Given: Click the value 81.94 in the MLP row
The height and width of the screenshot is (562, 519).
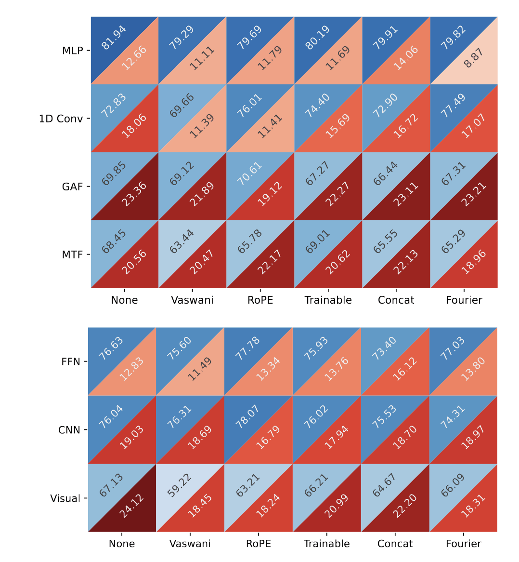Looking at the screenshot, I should click(x=114, y=38).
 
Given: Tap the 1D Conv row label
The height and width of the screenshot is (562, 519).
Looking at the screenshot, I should click(x=61, y=119).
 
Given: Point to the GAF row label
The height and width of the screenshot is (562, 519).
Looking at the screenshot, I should click(x=73, y=187).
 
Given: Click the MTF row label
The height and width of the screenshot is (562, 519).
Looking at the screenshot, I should click(x=73, y=254).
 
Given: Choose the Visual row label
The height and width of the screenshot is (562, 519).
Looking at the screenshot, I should click(x=65, y=498).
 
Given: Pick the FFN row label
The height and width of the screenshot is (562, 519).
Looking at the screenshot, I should click(x=71, y=361).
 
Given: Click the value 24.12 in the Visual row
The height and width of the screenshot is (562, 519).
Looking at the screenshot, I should click(x=132, y=506).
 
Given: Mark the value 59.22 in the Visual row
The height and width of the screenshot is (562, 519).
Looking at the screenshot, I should click(x=180, y=484).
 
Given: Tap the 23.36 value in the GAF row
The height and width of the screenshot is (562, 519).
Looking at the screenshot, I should click(x=134, y=194).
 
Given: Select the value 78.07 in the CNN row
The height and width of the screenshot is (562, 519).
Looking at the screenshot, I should click(x=248, y=416).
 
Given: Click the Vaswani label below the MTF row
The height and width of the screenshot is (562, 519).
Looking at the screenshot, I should click(x=192, y=300).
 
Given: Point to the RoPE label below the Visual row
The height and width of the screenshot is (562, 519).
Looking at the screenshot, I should click(x=259, y=544).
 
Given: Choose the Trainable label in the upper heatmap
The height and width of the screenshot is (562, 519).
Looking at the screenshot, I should click(x=328, y=300).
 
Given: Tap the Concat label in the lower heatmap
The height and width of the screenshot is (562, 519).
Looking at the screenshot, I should click(x=395, y=544).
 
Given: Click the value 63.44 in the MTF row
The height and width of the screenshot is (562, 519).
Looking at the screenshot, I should click(x=182, y=241).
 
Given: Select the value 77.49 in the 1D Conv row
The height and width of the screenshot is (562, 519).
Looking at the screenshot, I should click(x=453, y=106).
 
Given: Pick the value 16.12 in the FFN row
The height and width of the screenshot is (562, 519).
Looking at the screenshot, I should click(x=405, y=369).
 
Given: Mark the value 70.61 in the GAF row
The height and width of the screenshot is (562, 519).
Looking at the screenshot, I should click(x=249, y=174).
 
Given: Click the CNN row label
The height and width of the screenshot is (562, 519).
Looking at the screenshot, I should click(x=69, y=430).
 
